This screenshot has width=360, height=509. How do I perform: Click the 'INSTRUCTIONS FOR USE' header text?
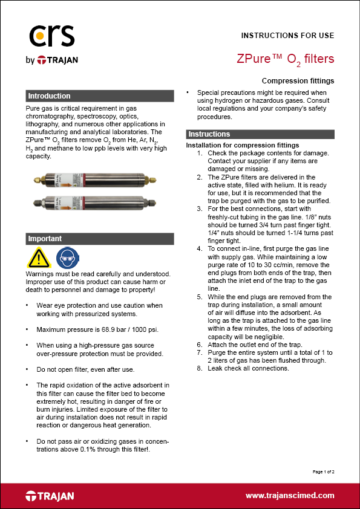[287, 35]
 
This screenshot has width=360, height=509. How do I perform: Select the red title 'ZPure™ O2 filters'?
[285, 59]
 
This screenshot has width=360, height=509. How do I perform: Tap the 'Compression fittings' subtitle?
[298, 80]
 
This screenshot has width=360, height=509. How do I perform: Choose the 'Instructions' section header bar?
[260, 134]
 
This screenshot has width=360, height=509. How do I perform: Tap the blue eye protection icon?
[65, 258]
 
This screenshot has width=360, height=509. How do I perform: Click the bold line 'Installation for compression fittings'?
[242, 146]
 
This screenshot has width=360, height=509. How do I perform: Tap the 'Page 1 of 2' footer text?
[324, 471]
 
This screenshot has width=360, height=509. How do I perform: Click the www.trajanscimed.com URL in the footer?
[290, 495]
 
